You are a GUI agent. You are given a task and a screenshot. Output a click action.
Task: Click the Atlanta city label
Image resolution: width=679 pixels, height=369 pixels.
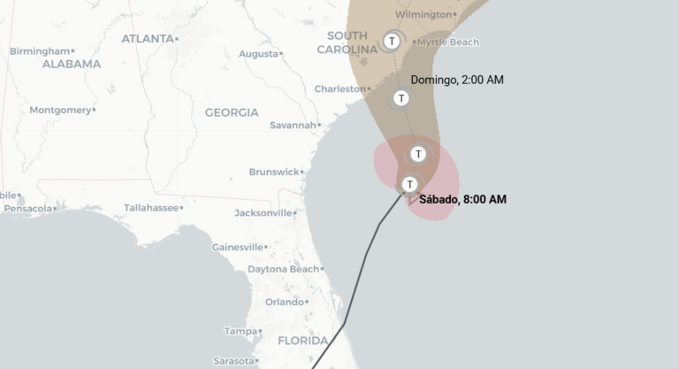tap(147, 39)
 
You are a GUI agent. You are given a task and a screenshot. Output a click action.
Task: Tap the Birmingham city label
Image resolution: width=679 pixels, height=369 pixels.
tap(39, 51)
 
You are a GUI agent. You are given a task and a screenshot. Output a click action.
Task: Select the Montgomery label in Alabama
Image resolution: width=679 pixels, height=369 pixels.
tap(60, 111)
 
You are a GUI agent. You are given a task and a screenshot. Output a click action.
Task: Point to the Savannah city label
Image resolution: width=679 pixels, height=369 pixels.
tap(292, 126)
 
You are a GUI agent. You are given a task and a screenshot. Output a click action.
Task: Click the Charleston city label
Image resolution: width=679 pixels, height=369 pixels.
tap(339, 89)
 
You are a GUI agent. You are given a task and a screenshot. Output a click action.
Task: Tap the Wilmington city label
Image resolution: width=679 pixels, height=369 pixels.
tap(423, 15)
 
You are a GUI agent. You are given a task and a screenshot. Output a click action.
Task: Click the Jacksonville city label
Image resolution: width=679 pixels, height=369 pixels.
tap(263, 213)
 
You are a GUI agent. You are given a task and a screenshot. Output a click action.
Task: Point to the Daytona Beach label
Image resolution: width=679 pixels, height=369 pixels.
tap(282, 269)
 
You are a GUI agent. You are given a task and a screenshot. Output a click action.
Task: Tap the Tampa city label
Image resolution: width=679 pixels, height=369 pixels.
tap(240, 332)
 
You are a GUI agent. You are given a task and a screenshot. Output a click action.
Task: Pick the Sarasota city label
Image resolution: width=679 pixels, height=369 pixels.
tap(233, 361)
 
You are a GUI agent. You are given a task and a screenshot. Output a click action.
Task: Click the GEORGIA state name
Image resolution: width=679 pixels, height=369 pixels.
tap(232, 112)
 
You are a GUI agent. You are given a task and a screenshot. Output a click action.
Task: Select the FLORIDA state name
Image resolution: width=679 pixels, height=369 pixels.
tap(303, 341)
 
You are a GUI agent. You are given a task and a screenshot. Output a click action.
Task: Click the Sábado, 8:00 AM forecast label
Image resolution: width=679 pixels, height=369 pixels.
tap(462, 199)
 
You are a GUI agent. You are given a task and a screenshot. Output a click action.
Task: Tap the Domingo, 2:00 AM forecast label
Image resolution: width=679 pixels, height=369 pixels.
tap(457, 81)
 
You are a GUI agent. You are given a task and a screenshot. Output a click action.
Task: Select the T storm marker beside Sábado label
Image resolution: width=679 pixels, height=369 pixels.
tap(409, 184)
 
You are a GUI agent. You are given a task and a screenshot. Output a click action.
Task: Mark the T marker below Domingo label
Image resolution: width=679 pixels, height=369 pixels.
tap(401, 98)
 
